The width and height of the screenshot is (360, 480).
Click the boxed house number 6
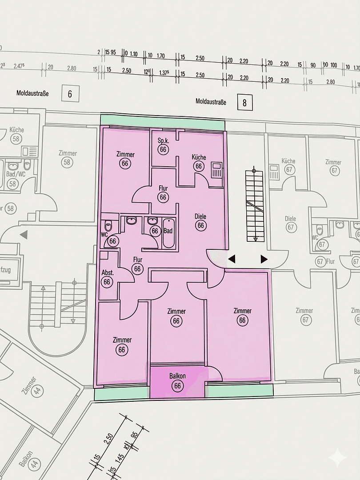pos(70,94)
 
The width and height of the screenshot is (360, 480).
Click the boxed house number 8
pos(244,102)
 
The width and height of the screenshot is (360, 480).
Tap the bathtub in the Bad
pos(168,233)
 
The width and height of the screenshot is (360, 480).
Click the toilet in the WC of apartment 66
pos(108,226)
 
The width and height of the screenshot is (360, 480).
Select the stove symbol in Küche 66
pos(216,170)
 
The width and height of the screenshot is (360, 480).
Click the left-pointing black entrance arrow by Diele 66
pos(232,259)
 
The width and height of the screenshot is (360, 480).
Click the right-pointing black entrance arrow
pos(264,259)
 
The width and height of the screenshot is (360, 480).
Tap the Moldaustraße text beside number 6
pos(32,94)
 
